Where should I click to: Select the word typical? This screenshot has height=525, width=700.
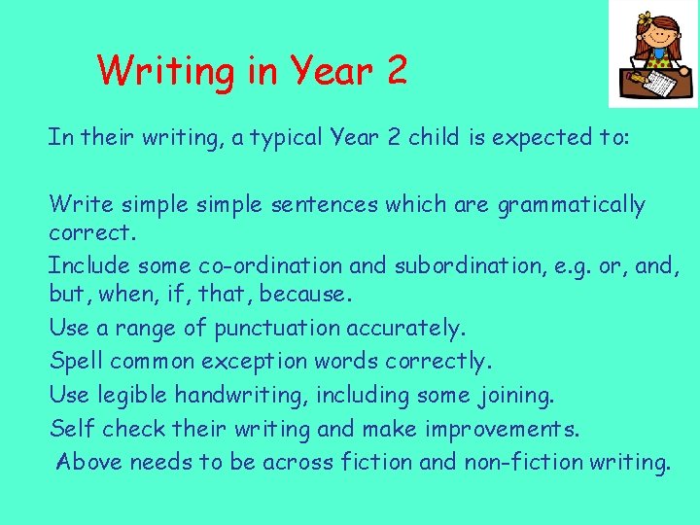coord(288,138)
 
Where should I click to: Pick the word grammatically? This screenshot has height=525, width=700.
coord(571,205)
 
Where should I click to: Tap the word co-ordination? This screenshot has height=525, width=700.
coord(257,265)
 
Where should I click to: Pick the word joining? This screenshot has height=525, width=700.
coord(515,396)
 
